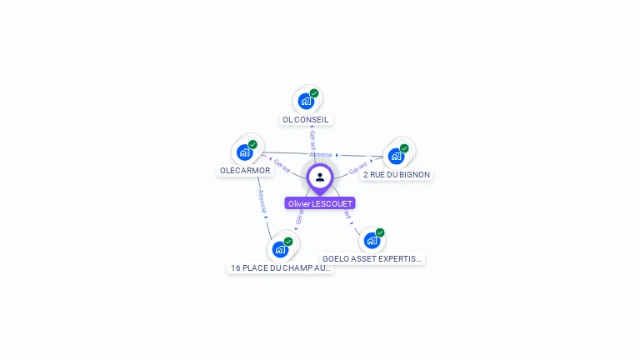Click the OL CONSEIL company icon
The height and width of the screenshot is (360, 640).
pyautogui.click(x=306, y=101)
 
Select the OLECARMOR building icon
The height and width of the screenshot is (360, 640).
pyautogui.click(x=244, y=152)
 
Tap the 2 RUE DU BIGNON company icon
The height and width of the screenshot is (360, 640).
pyautogui.click(x=396, y=155)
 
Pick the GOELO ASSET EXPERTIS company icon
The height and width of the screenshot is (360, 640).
pyautogui.click(x=372, y=240)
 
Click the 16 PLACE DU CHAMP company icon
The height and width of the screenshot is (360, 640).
pyautogui.click(x=280, y=248)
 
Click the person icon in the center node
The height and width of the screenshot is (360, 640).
pyautogui.click(x=320, y=177)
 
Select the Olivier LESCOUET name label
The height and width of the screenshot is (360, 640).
pyautogui.click(x=320, y=203)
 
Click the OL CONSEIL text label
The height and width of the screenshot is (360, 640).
pyautogui.click(x=306, y=119)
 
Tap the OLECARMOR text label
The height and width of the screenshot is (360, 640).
pyautogui.click(x=245, y=171)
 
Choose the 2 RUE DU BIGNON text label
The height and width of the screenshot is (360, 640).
pyautogui.click(x=397, y=175)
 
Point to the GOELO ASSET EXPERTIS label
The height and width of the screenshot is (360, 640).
pyautogui.click(x=372, y=259)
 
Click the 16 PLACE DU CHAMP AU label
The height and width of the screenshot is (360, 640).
pyautogui.click(x=281, y=268)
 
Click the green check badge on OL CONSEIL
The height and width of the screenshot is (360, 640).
pyautogui.click(x=314, y=93)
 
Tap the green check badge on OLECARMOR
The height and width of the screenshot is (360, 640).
pyautogui.click(x=252, y=144)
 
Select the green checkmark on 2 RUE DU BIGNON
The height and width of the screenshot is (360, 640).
pyautogui.click(x=404, y=148)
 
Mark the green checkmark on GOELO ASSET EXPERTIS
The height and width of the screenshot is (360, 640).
pyautogui.click(x=380, y=232)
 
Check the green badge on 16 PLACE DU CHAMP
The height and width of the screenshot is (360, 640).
pyautogui.click(x=288, y=242)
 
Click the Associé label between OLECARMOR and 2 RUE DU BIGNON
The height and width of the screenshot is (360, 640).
pyautogui.click(x=321, y=155)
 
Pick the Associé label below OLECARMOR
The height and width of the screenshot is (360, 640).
pyautogui.click(x=262, y=202)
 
